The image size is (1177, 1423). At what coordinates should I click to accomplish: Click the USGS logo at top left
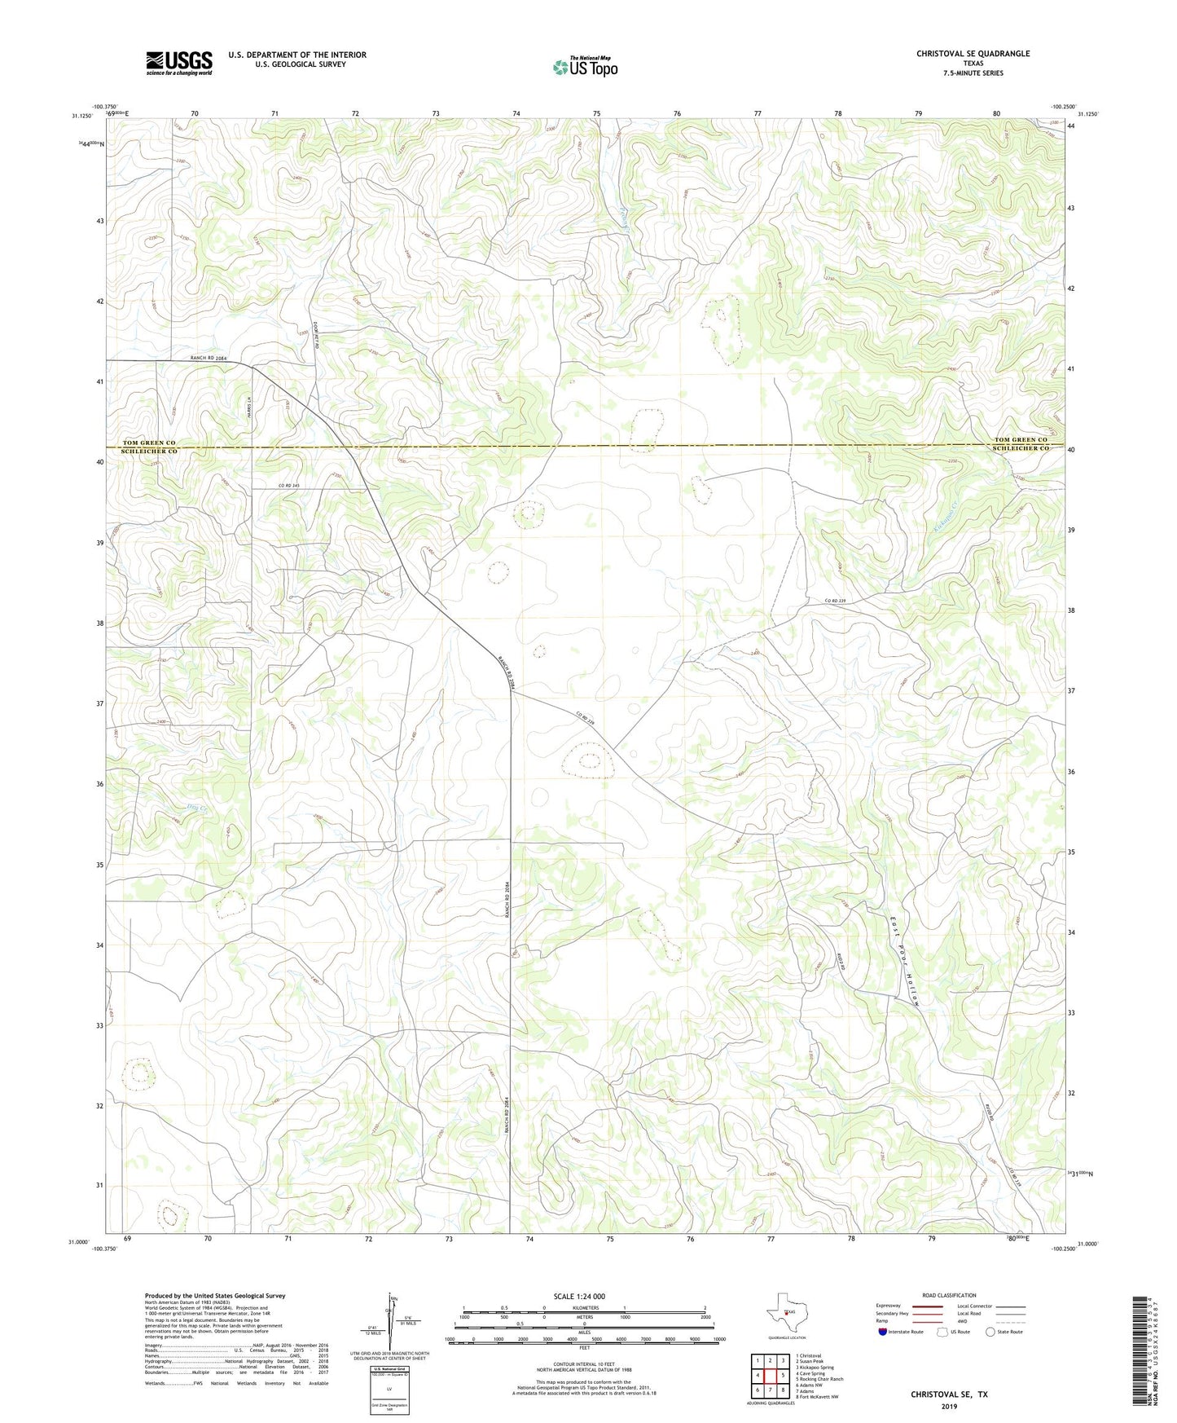click(x=179, y=63)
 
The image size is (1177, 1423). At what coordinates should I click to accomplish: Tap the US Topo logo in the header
click(x=585, y=66)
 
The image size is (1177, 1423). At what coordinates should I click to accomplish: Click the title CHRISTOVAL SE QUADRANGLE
click(x=973, y=54)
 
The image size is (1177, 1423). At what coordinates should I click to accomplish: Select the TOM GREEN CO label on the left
click(x=149, y=442)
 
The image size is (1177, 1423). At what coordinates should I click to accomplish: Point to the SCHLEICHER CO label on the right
click(x=1021, y=450)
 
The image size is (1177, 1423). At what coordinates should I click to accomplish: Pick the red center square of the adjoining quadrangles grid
click(x=770, y=1375)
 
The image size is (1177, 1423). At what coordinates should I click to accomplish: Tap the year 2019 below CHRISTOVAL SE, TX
click(x=949, y=1406)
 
